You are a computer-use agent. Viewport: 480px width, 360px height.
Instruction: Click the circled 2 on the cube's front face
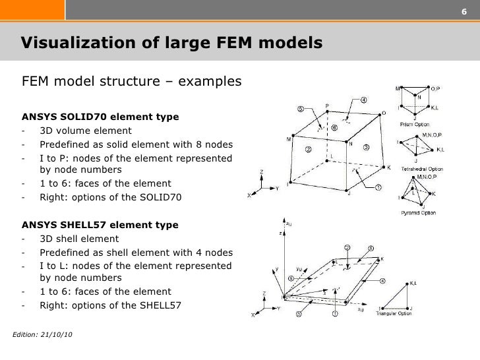(x=308, y=149)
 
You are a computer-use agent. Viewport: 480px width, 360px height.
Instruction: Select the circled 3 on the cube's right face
(x=366, y=147)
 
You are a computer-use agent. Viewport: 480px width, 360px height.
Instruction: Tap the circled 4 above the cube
(x=363, y=101)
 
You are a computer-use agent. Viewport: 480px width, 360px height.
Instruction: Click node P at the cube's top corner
(x=328, y=104)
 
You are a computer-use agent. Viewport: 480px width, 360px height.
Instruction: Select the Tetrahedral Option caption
(x=420, y=169)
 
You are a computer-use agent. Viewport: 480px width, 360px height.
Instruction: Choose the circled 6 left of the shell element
(x=289, y=279)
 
